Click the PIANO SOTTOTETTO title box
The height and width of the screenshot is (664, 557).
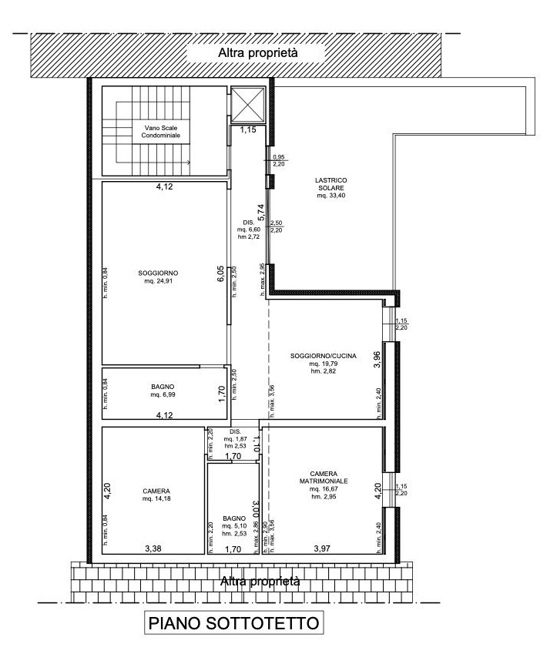tap(233, 622)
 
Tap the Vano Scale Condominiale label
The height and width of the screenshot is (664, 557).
tap(161, 131)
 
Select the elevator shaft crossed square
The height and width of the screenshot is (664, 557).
tap(247, 104)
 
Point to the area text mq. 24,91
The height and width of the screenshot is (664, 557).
tap(158, 280)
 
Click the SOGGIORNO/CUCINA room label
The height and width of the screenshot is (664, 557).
tap(324, 356)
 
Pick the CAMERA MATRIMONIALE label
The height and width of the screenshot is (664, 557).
tap(324, 478)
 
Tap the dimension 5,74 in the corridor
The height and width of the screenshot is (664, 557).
tap(261, 212)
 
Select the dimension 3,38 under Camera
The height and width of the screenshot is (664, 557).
tap(153, 548)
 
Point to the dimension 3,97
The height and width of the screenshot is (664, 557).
tap(322, 548)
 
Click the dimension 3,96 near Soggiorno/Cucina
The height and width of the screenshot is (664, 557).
tap(377, 359)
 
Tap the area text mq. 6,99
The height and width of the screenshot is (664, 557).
tap(163, 394)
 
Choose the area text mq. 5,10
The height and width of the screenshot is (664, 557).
tap(234, 526)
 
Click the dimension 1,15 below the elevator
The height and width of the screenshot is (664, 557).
tap(248, 130)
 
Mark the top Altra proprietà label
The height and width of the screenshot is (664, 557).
tap(257, 53)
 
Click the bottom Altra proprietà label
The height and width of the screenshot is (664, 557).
tap(260, 582)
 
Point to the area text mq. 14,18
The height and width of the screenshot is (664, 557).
tap(156, 498)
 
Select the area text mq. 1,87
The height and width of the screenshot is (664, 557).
tap(236, 439)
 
